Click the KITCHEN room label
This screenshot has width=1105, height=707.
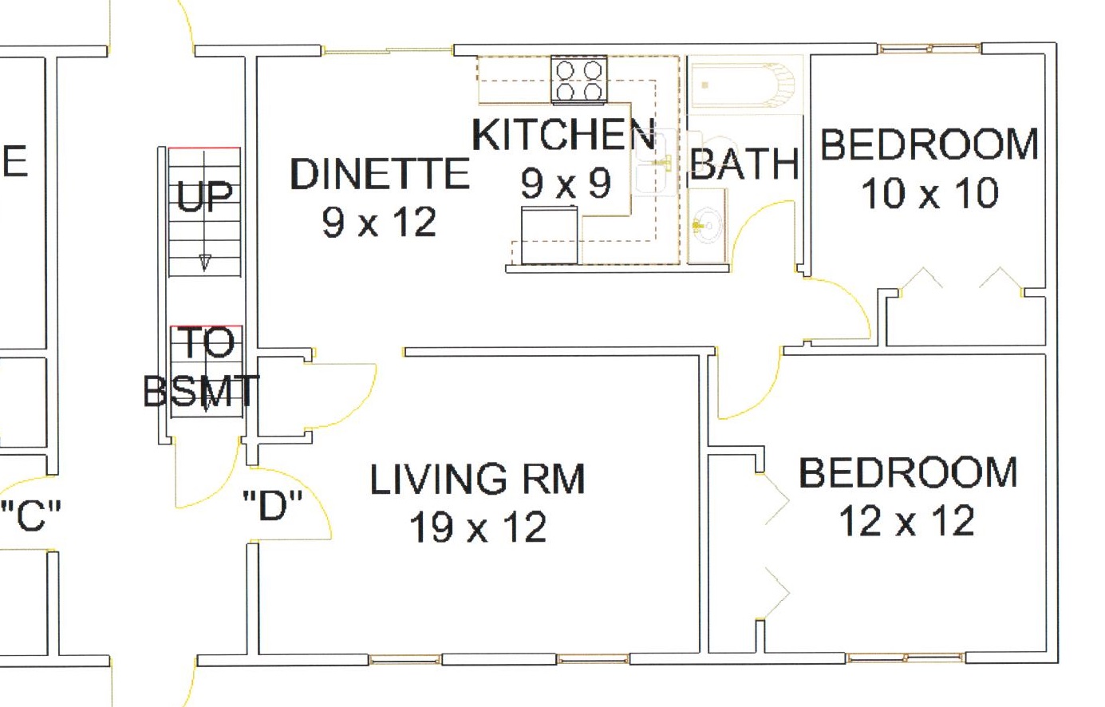pyautogui.click(x=564, y=134)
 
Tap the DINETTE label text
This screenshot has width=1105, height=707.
pyautogui.click(x=380, y=173)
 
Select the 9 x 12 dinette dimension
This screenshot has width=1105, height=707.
pyautogui.click(x=379, y=222)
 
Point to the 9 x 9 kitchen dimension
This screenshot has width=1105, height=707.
pyautogui.click(x=566, y=183)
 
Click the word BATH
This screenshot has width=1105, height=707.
pyautogui.click(x=744, y=164)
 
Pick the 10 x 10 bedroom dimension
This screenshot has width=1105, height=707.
pyautogui.click(x=930, y=193)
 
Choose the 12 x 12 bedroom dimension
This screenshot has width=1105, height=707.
pyautogui.click(x=906, y=520)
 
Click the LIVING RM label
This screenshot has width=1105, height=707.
pyautogui.click(x=478, y=479)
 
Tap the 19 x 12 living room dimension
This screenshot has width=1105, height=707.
pyautogui.click(x=478, y=527)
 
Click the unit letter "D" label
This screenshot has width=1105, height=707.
pyautogui.click(x=273, y=505)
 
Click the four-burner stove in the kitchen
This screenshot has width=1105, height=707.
pyautogui.click(x=578, y=80)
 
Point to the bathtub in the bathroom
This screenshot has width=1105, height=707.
pyautogui.click(x=743, y=85)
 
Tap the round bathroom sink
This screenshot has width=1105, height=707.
pyautogui.click(x=706, y=226)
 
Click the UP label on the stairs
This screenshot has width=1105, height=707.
pyautogui.click(x=204, y=196)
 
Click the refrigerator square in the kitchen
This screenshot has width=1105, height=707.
pyautogui.click(x=550, y=235)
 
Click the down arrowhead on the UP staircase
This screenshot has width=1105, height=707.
pyautogui.click(x=204, y=262)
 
